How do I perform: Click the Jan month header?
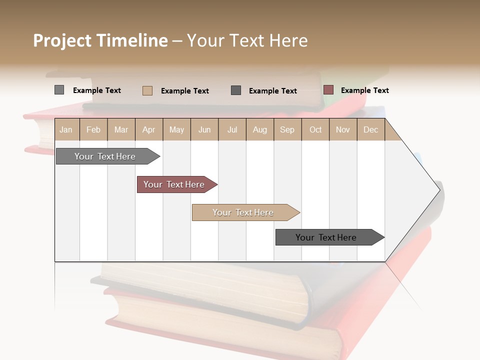pos(66,129)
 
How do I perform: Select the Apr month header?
pos(149,129)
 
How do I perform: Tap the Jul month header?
pos(232,129)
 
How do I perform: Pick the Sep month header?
pos(287,129)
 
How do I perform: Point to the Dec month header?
pos(370,129)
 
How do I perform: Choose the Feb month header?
pos(93,129)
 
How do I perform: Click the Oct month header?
pos(315,129)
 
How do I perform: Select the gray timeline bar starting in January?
pos(105,156)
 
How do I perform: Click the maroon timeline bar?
pos(174,184)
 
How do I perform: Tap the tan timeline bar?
pos(243,212)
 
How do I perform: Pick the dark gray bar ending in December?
pos(326,237)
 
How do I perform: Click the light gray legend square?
pos(59,90)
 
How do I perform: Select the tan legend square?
pos(147,90)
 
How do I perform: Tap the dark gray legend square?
pos(236,90)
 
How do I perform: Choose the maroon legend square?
pos(328,90)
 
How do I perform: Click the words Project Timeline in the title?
pos(100,40)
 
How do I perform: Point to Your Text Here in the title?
pos(247,40)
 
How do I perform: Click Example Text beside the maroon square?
pos(364,90)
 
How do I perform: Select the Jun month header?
pos(204,129)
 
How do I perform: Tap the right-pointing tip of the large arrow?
pos(439,189)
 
